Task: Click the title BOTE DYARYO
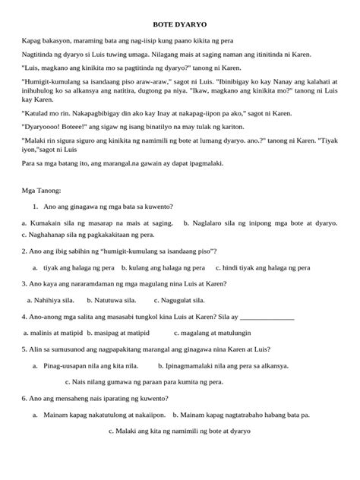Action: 180,25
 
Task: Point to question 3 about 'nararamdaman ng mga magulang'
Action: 114,284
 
